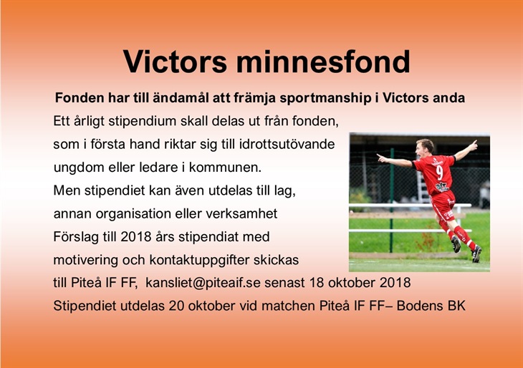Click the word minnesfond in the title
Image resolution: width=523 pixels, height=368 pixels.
(323, 62)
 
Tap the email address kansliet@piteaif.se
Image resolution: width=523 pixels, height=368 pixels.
(203, 283)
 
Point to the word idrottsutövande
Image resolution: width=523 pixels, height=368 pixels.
(287, 145)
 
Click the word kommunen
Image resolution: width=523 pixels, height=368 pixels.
(226, 168)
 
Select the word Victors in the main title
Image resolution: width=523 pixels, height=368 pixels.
(175, 62)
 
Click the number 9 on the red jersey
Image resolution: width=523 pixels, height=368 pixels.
(440, 173)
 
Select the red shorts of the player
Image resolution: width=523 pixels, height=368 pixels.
(444, 205)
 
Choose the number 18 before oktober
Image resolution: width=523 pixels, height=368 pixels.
(317, 283)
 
